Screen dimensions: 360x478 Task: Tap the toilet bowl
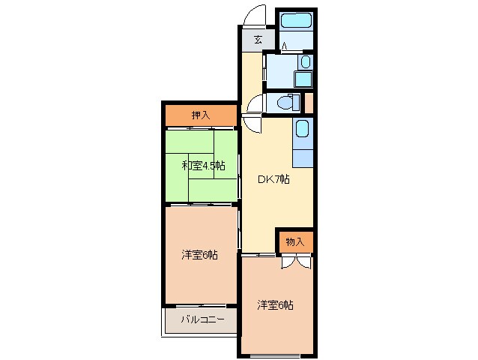click(x=285, y=102)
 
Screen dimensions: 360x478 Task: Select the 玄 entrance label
click(x=257, y=40)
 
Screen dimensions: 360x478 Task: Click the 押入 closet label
click(x=200, y=115)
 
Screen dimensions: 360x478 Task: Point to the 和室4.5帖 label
click(x=202, y=165)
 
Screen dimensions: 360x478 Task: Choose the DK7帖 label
click(x=273, y=179)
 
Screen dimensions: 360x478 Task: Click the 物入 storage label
click(x=294, y=241)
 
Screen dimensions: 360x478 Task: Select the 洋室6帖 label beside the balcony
click(x=199, y=255)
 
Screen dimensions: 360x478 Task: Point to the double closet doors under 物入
click(x=294, y=260)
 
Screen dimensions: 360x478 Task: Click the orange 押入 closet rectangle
click(x=200, y=115)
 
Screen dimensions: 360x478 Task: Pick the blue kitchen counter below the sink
click(x=303, y=156)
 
